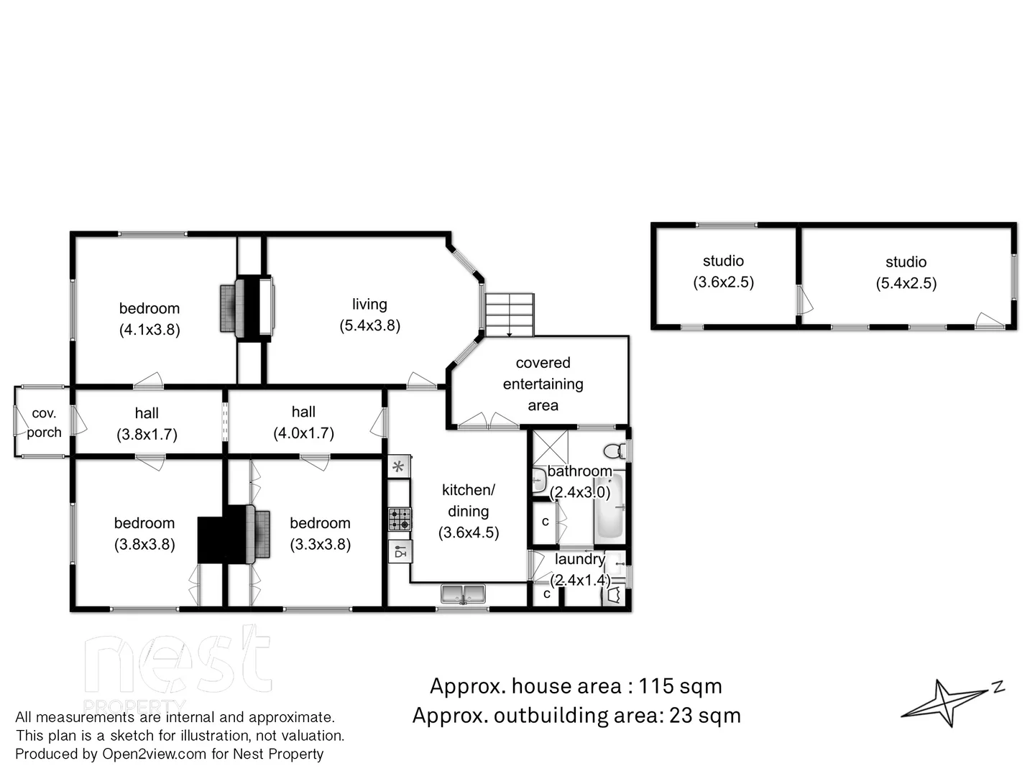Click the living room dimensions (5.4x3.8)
(369, 325)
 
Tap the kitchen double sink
(463, 594)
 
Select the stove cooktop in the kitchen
(400, 519)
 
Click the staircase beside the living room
(509, 315)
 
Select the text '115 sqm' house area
(680, 686)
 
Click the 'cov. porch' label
(44, 422)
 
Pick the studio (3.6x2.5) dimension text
(723, 282)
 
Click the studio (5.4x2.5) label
(906, 272)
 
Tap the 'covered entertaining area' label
(543, 384)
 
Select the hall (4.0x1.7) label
(303, 422)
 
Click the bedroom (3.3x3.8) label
(320, 533)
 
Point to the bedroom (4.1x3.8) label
(149, 318)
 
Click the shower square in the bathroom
(550, 448)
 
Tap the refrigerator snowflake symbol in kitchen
(398, 466)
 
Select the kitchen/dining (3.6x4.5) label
(468, 511)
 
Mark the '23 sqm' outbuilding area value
(704, 716)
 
